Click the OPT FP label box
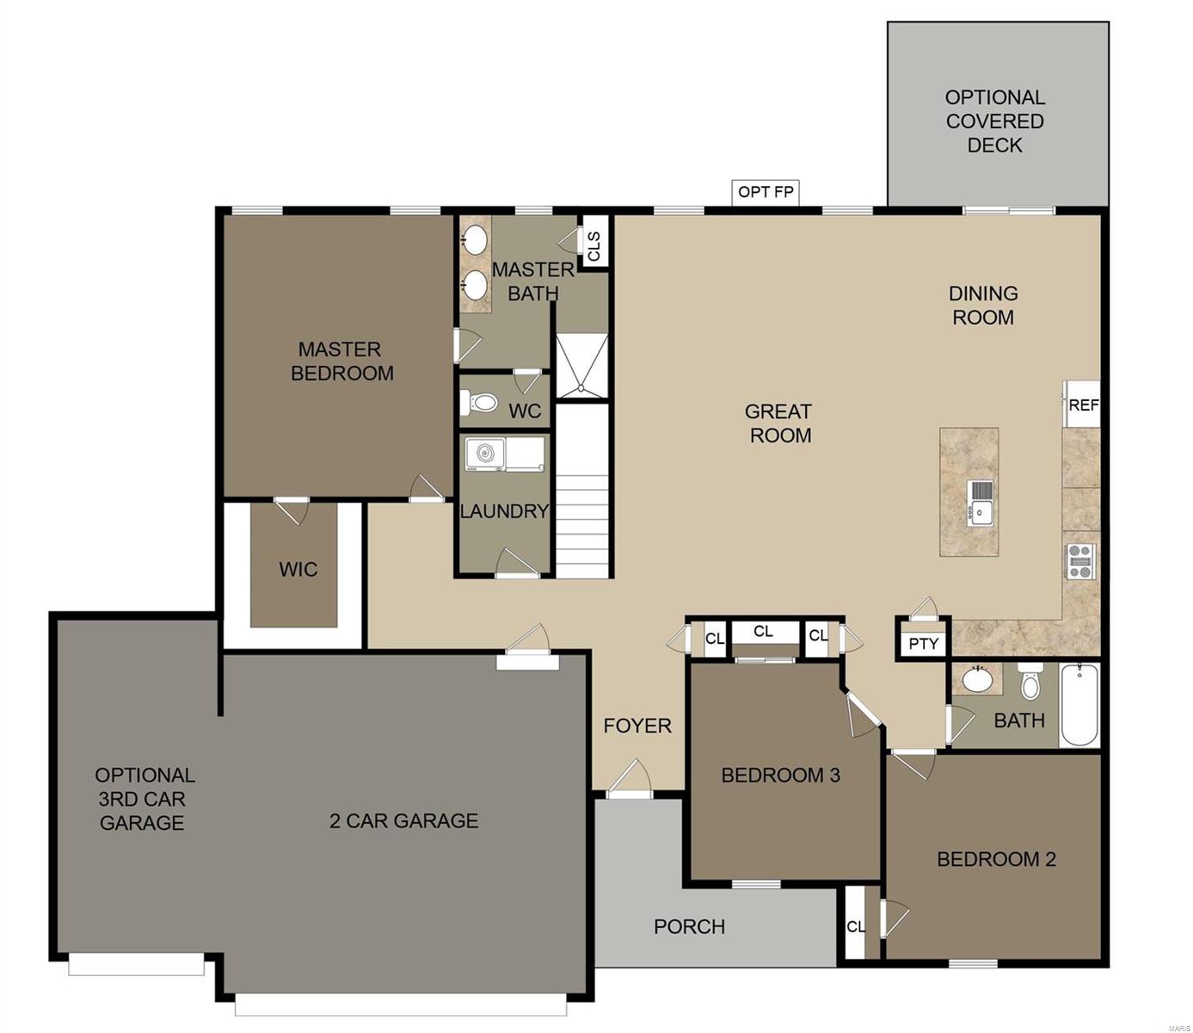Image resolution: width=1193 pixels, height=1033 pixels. tap(766, 192)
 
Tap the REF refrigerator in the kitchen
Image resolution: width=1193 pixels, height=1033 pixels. tap(1082, 404)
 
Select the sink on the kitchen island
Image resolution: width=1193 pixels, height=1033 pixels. tap(980, 502)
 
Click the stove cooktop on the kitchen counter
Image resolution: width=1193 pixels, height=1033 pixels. tap(1079, 561)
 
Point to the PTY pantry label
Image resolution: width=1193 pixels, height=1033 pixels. tap(923, 643)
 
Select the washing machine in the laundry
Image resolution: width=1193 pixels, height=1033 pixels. tap(485, 454)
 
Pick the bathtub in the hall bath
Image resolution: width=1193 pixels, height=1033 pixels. tap(1079, 706)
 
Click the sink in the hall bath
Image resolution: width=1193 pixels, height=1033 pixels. tap(977, 679)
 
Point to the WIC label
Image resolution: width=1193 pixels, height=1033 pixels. tap(298, 569)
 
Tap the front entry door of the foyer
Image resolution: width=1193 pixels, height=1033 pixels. tap(630, 781)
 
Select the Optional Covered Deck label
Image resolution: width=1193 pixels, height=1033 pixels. tap(995, 121)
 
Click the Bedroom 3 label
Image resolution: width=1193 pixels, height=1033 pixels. tap(780, 776)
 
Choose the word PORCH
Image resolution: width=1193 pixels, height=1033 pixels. tap(689, 927)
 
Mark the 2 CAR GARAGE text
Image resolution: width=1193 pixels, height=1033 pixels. tap(403, 821)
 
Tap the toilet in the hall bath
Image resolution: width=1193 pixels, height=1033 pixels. tap(1030, 682)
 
